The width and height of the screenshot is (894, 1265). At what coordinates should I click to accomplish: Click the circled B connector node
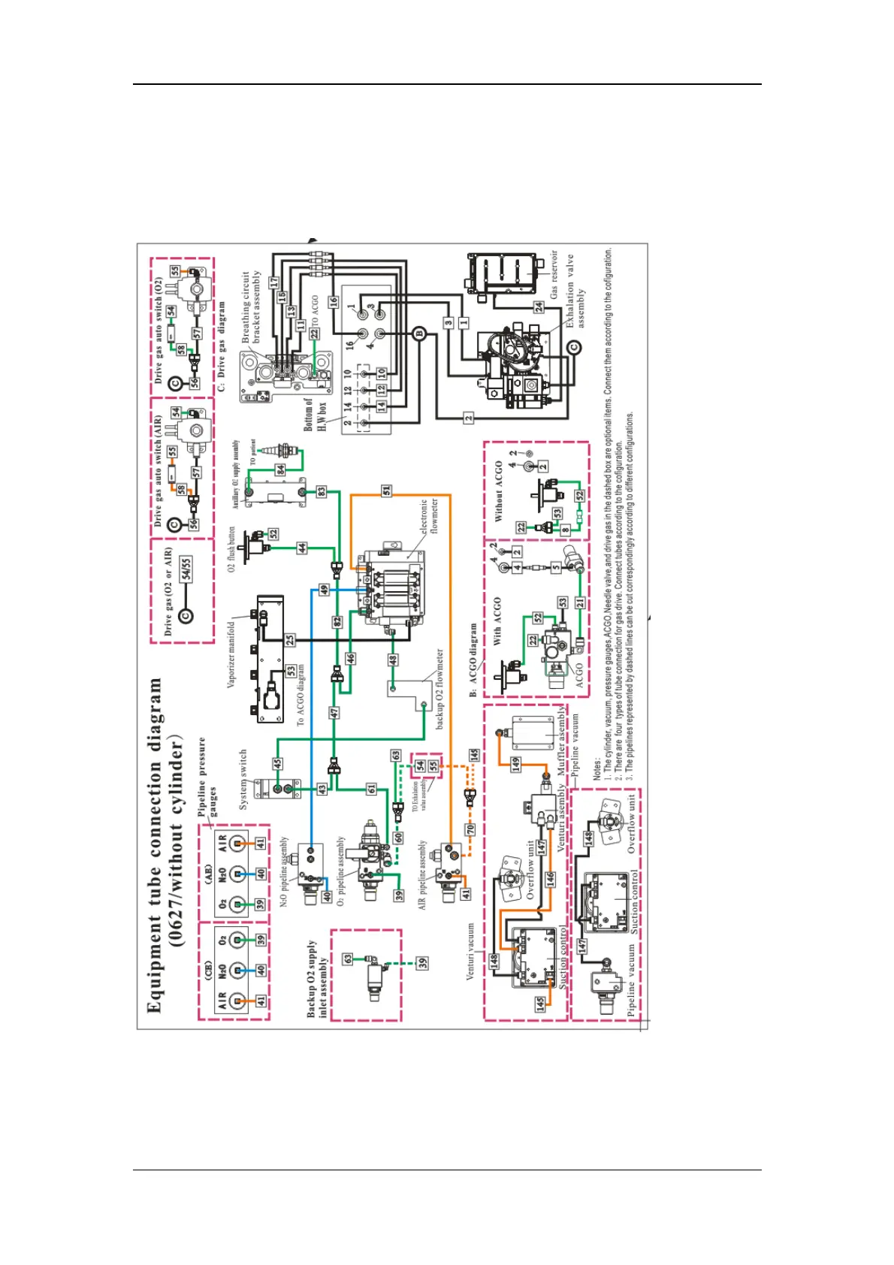point(419,334)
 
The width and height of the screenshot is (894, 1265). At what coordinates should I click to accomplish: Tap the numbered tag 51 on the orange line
point(386,491)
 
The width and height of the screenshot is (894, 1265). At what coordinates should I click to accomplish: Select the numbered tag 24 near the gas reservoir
point(539,306)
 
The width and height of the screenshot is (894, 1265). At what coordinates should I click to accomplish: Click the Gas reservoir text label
point(554,274)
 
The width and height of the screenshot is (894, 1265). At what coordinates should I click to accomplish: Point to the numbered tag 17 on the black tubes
point(274,282)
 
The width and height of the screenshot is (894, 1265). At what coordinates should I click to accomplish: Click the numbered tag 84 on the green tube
point(280,469)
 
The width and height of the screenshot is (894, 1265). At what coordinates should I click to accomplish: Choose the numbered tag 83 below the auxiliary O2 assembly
point(322,491)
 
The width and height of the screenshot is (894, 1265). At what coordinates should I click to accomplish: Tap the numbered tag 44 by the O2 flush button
point(302,548)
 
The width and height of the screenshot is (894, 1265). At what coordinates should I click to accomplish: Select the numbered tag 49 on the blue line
point(324,590)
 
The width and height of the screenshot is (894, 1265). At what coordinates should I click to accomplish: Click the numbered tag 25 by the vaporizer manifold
point(290,640)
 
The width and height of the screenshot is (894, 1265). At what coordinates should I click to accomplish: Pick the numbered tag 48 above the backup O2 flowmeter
point(392,660)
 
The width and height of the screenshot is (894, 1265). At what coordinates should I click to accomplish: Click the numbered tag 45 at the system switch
point(277,763)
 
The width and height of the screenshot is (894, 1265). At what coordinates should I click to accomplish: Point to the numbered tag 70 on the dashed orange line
point(471,830)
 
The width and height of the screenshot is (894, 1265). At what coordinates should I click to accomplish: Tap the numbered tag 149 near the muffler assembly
point(516,764)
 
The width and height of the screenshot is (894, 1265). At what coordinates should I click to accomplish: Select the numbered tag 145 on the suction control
point(540,1004)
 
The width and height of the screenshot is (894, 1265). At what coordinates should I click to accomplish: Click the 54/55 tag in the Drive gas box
point(186,569)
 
